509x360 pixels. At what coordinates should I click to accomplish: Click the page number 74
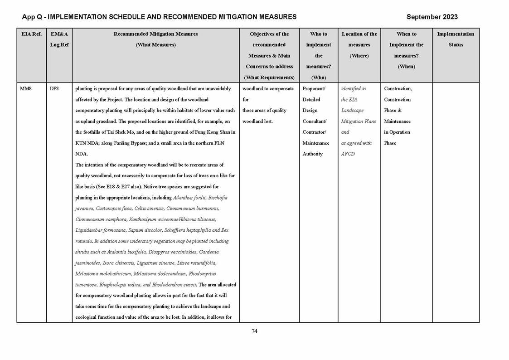pyautogui.click(x=254, y=331)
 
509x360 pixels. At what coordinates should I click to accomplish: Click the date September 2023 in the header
pyautogui.click(x=432, y=17)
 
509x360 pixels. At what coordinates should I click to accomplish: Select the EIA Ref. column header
pyautogui.click(x=31, y=34)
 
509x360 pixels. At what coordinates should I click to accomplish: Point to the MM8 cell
pyautogui.click(x=25, y=88)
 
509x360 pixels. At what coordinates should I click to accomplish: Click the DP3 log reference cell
pyautogui.click(x=54, y=88)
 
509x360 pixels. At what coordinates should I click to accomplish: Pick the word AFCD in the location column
pyautogui.click(x=348, y=154)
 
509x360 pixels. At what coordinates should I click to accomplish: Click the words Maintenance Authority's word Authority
pyautogui.click(x=312, y=154)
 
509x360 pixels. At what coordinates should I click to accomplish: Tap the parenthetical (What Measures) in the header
pyautogui.click(x=155, y=45)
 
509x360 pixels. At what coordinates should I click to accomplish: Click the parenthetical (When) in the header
pyautogui.click(x=406, y=67)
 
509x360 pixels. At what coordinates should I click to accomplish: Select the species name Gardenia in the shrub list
pyautogui.click(x=208, y=252)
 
